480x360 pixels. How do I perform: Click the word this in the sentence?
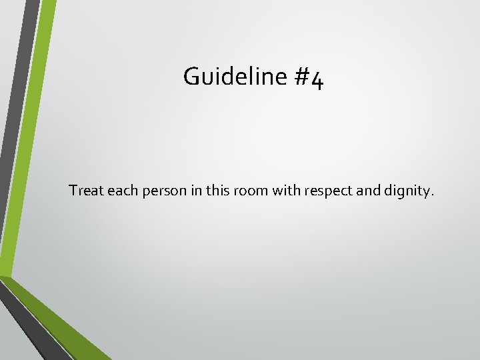(211, 191)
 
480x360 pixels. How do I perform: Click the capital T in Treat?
(73, 191)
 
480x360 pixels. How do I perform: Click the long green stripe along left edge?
(27, 133)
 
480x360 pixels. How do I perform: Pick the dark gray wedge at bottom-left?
(27, 327)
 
